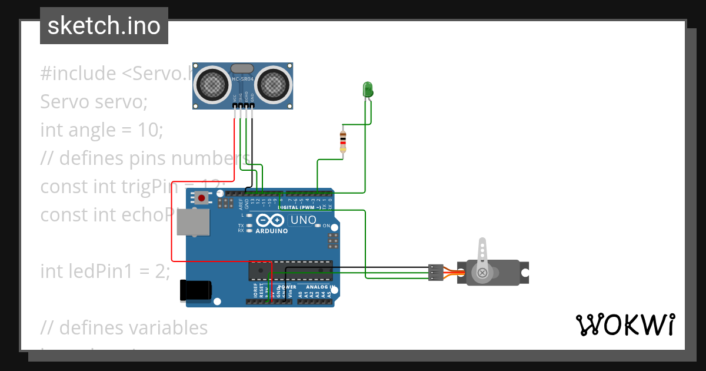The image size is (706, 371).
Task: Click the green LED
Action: click(368, 90)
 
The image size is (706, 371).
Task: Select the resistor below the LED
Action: click(343, 141)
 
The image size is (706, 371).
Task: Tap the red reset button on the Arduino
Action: click(202, 198)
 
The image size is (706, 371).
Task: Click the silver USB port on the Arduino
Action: click(194, 222)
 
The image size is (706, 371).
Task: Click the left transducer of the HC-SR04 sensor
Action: click(212, 84)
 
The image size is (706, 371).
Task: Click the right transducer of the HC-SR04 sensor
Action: click(274, 84)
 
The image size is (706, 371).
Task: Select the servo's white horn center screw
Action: click(482, 272)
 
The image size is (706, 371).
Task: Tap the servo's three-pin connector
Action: click(435, 272)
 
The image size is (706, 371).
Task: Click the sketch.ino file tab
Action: click(104, 26)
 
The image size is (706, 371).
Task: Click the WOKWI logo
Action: click(625, 324)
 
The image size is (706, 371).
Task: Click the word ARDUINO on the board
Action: click(271, 231)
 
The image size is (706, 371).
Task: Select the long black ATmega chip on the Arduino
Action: click(291, 270)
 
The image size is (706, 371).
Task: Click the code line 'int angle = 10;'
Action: click(101, 130)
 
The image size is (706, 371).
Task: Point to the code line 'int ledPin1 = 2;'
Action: click(105, 271)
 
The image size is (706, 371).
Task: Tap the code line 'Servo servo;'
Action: click(94, 102)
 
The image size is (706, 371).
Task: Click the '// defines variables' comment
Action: click(124, 327)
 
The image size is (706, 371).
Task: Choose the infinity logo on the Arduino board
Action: click(271, 220)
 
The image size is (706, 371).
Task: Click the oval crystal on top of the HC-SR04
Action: click(243, 69)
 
